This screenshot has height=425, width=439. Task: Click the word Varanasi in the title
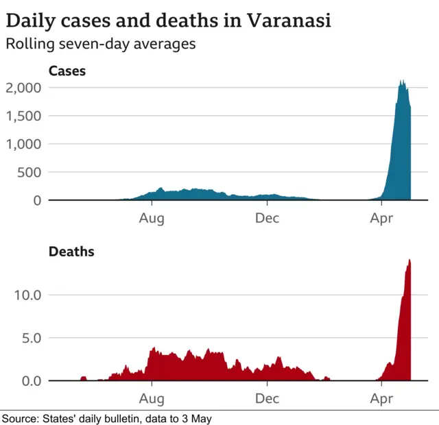pyautogui.click(x=286, y=21)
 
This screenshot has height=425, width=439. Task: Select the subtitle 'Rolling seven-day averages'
pyautogui.click(x=101, y=45)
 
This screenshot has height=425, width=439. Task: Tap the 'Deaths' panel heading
pyautogui.click(x=71, y=252)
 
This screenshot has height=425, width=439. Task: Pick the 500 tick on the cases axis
pyautogui.click(x=29, y=172)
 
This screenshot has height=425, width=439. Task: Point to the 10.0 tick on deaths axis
pyautogui.click(x=28, y=295)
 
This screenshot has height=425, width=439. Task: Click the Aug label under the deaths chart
pyautogui.click(x=152, y=398)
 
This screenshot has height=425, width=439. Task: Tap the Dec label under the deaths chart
pyautogui.click(x=267, y=398)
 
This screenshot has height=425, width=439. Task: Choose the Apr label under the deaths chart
pyautogui.click(x=381, y=398)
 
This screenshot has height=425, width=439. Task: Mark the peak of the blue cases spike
pyautogui.click(x=402, y=81)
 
